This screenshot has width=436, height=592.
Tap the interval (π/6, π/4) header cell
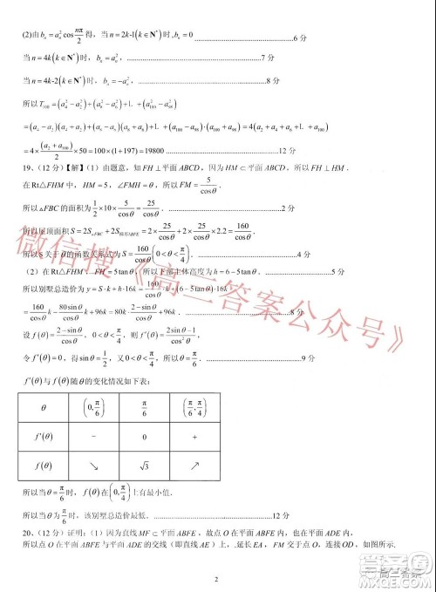[242, 407]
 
